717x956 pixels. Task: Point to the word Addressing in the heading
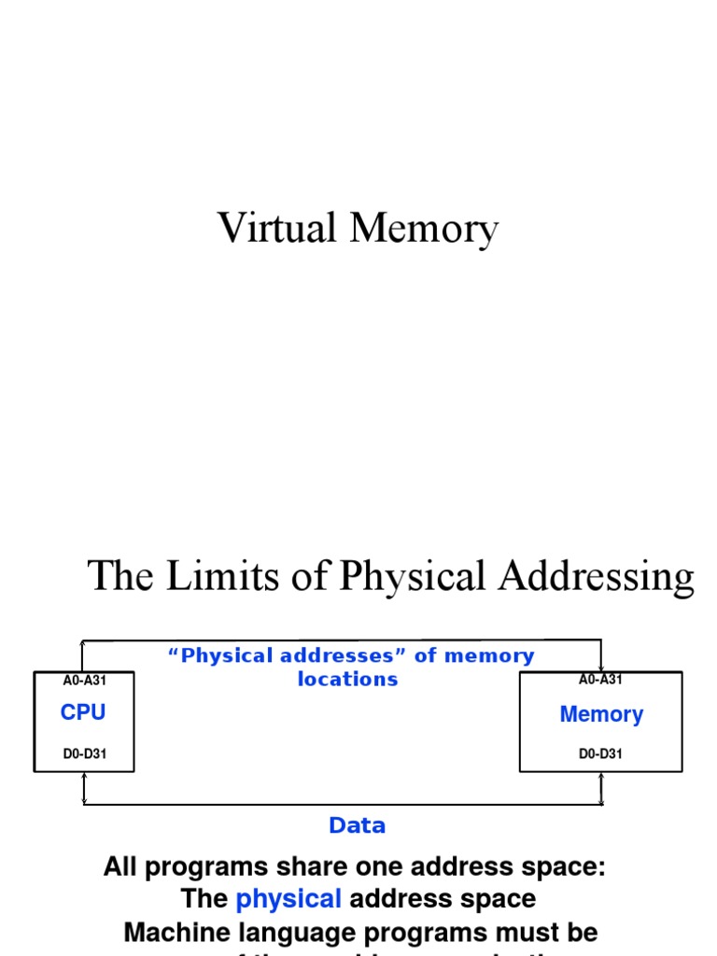[x=596, y=578]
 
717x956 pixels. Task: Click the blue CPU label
[x=83, y=712]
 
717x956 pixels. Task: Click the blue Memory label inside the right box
[x=601, y=715]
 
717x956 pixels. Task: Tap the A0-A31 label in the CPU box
[x=84, y=681]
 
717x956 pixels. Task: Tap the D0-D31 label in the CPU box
[x=84, y=753]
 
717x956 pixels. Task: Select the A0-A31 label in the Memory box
[x=600, y=681]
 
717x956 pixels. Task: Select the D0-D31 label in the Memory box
[x=600, y=753]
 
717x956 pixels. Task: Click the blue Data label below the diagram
[x=357, y=825]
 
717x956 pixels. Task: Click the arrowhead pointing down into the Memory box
[x=600, y=666]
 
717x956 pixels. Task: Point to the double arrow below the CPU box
[x=84, y=789]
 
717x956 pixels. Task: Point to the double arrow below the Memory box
[x=600, y=789]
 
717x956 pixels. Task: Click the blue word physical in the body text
[x=288, y=899]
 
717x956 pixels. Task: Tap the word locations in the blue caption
[x=347, y=680]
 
